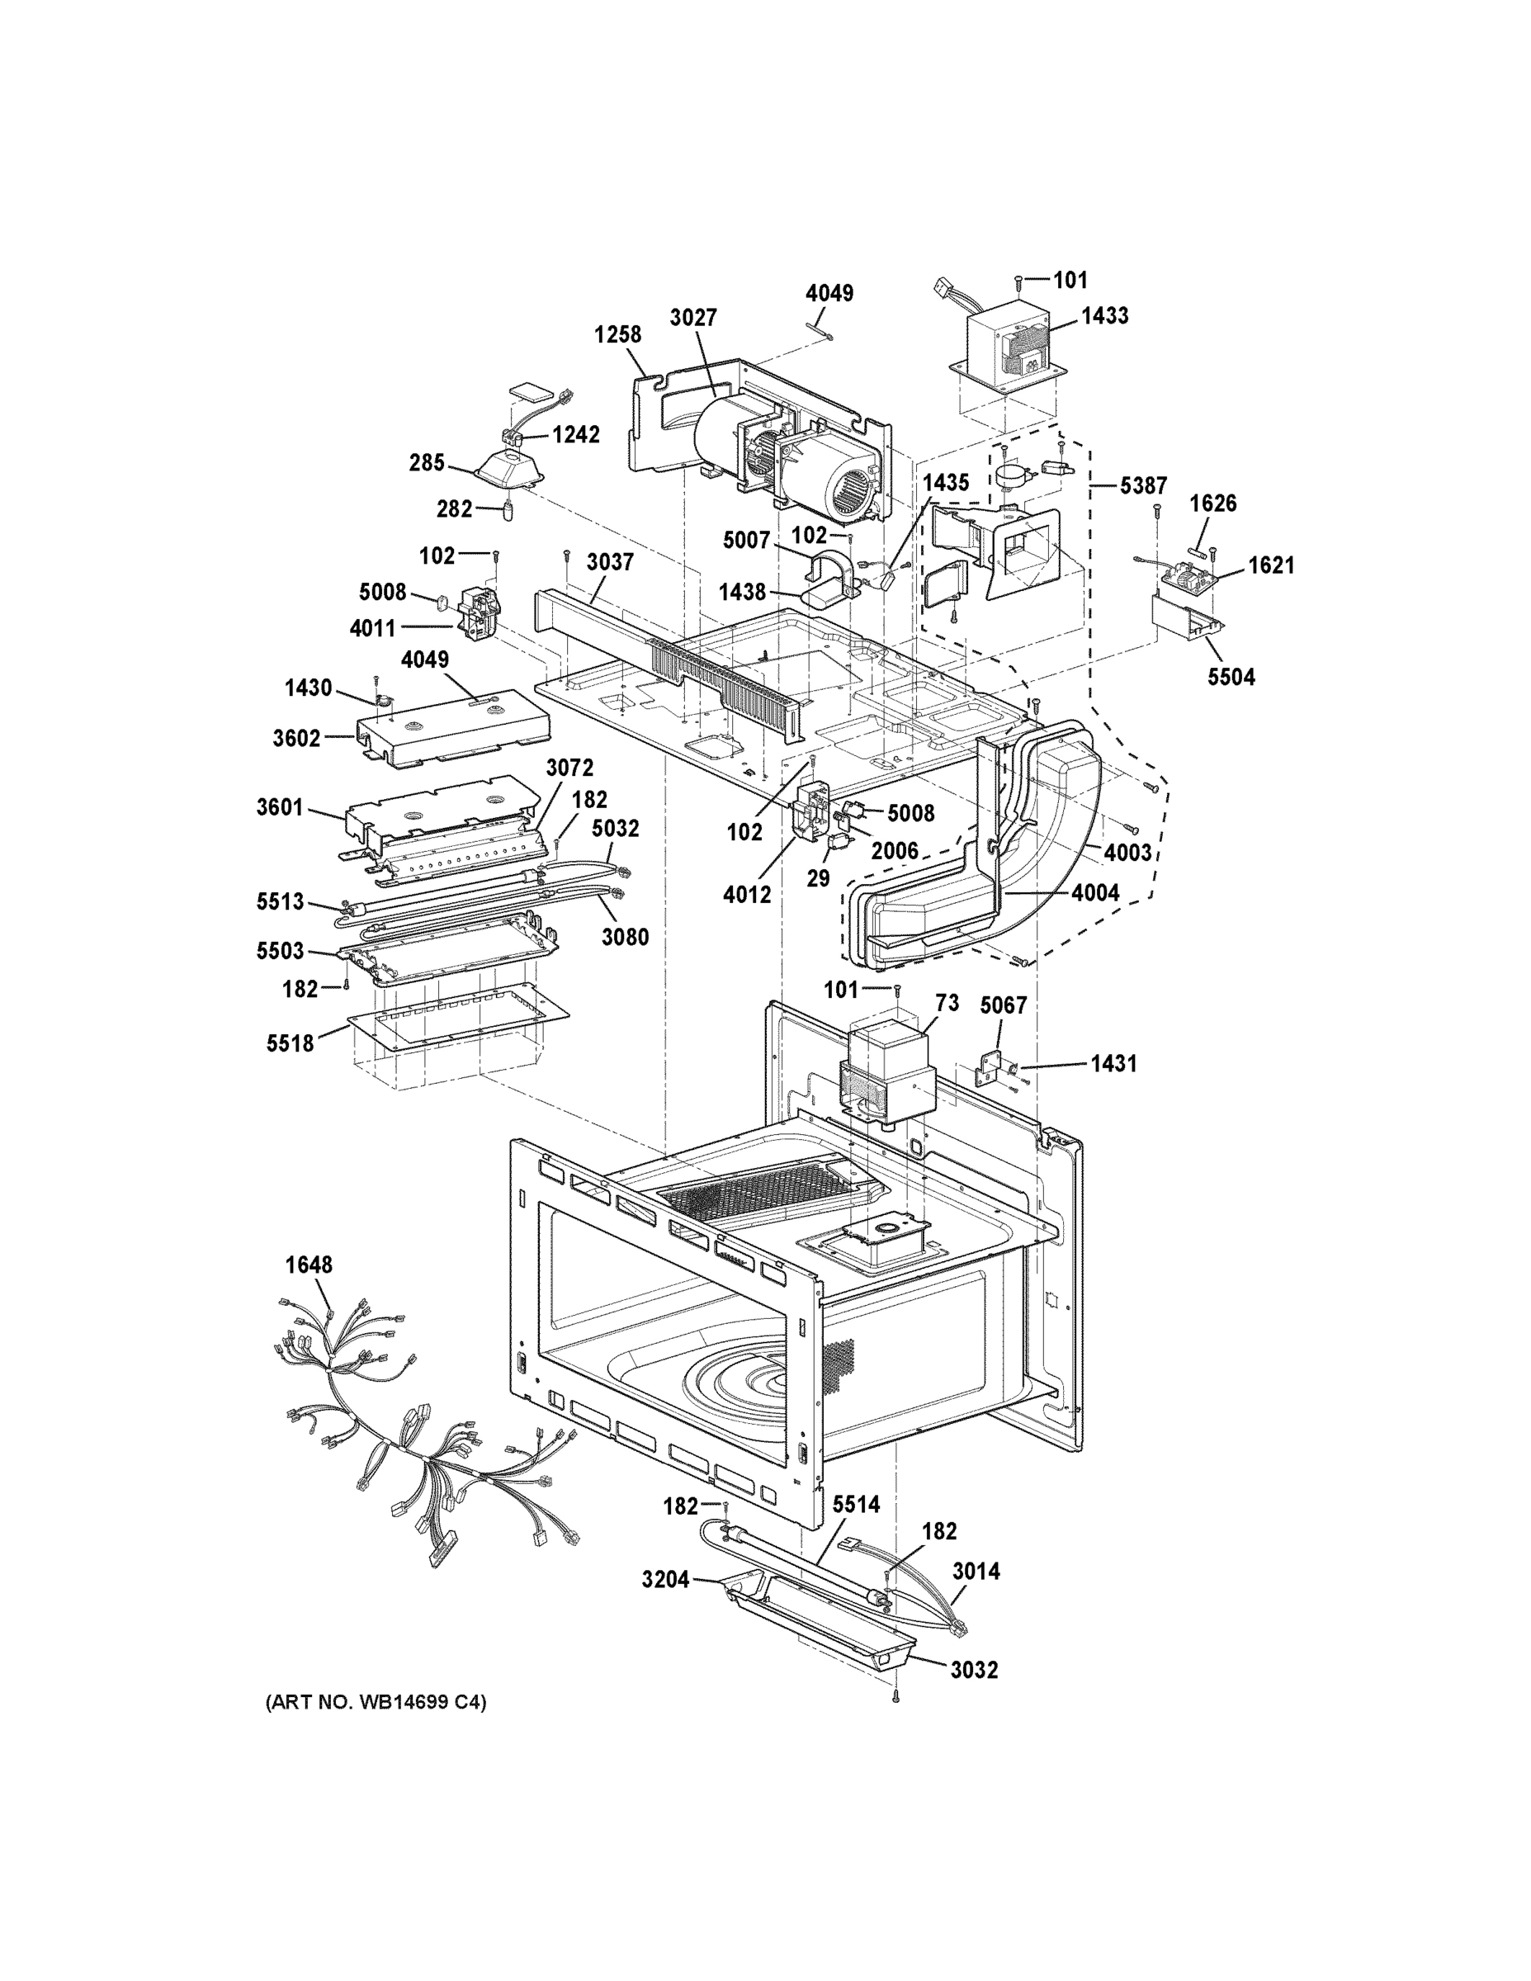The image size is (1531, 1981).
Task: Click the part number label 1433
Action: [1105, 315]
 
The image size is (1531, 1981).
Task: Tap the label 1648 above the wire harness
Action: [309, 1265]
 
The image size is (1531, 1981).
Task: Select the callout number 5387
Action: [1143, 486]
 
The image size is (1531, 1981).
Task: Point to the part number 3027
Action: [693, 318]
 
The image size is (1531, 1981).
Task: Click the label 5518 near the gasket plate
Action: [290, 1044]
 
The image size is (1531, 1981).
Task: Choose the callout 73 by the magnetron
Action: [946, 1003]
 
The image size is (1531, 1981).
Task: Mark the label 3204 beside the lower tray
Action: [665, 1580]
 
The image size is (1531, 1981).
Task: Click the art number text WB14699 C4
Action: [376, 1703]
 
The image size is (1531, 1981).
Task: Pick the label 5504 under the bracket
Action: [1231, 677]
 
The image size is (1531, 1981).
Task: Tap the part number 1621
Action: [1271, 566]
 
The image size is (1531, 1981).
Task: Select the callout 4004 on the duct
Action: [1094, 892]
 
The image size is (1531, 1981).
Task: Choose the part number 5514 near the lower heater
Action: [855, 1505]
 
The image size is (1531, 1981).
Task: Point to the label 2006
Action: [895, 851]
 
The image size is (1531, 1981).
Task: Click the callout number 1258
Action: [617, 334]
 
